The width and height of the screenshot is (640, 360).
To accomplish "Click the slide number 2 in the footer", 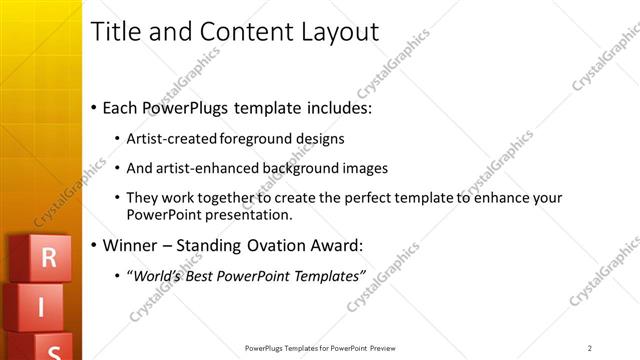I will point(590,348).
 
